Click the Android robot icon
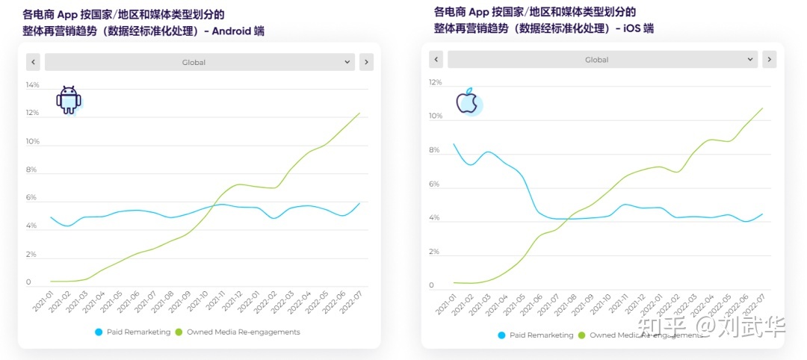(69, 100)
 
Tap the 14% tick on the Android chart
(32, 85)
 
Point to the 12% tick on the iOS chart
(435, 82)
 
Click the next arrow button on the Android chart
(366, 62)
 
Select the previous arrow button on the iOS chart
(436, 60)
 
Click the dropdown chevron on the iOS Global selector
(751, 60)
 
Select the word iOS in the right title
(629, 28)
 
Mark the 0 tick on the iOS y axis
(432, 285)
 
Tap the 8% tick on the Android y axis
(31, 170)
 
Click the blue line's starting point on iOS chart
(454, 144)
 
